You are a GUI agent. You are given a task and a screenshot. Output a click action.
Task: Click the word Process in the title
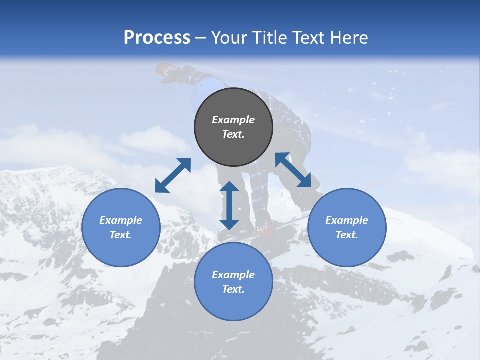[157, 38]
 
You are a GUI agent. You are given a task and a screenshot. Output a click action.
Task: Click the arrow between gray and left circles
[173, 175]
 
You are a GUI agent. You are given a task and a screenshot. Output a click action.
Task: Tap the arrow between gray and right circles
[293, 170]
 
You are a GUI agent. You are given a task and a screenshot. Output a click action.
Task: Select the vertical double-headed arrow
[229, 205]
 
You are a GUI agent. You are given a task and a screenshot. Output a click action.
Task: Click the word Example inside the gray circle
[233, 120]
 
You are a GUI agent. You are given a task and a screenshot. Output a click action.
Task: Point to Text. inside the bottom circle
[233, 289]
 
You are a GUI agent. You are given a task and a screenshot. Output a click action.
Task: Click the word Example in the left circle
[121, 220]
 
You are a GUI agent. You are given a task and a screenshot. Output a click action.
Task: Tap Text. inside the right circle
[347, 235]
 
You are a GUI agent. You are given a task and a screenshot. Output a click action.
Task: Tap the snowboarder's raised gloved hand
[168, 72]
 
